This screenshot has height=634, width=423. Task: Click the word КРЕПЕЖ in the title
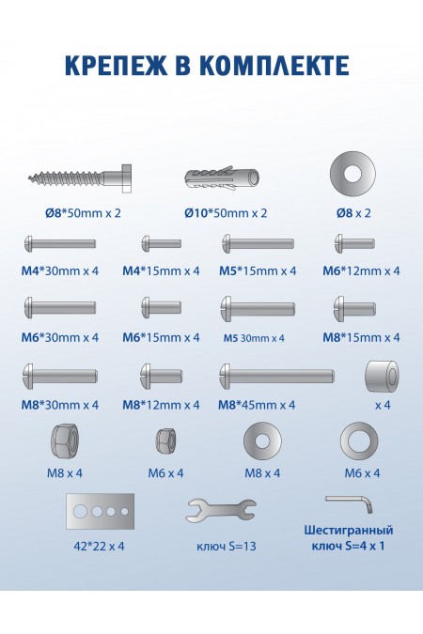pos(116,65)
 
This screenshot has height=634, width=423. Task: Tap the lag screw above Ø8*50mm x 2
pos(80,178)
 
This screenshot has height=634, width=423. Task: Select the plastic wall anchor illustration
pos(222,178)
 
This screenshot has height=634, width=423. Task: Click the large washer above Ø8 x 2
pos(352,175)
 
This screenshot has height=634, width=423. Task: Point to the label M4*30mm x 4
pos(60,271)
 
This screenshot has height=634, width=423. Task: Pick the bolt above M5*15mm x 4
pos(258,244)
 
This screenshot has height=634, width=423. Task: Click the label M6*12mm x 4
pos(361,271)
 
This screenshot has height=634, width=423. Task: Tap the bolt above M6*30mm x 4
pos(60,307)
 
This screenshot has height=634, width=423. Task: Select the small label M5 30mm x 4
pos(254,338)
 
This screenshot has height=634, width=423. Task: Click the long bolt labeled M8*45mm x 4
pos(277,376)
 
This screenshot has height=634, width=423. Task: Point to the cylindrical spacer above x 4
pos(382,377)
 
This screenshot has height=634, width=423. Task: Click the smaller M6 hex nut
pos(165,441)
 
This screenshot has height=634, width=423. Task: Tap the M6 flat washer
pos(359,441)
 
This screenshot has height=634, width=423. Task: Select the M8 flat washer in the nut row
pos(262,441)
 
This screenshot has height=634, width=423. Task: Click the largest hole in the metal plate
pos(80,512)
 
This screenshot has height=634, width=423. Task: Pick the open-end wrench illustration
pos(221,510)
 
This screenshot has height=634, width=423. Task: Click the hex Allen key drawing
pos(349,503)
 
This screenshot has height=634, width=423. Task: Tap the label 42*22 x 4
pos(100,547)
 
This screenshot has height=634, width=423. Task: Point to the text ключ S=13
pos(227,547)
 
